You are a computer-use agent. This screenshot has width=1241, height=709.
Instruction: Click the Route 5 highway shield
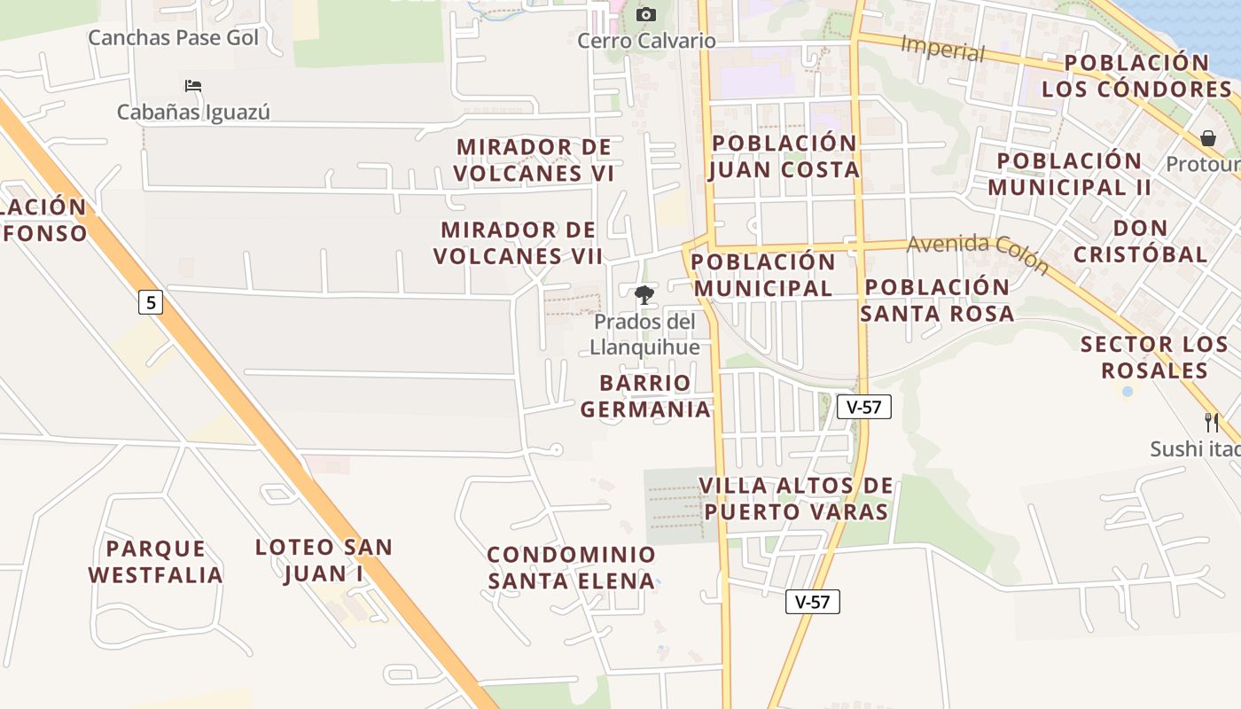coord(151,303)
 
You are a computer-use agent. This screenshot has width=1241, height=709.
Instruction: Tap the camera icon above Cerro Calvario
coord(646,14)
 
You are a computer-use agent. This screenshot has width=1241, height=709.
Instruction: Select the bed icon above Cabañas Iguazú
coord(193,86)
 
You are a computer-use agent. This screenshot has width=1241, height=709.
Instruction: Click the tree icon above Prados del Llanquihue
coord(644,295)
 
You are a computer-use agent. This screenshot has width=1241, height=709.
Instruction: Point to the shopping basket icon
coord(1207,138)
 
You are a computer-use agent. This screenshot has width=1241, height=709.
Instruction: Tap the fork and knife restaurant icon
coord(1211,423)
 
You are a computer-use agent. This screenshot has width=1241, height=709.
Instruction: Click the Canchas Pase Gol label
coord(174,38)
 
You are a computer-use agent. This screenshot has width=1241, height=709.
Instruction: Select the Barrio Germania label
coord(645,396)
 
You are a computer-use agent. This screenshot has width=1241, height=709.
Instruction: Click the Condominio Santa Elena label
coord(572,568)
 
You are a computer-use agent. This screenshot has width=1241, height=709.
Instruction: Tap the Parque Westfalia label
coord(155,562)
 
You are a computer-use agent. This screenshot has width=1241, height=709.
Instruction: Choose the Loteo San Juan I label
coord(324,560)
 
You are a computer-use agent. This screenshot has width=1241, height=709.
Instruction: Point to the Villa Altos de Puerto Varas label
coord(795,499)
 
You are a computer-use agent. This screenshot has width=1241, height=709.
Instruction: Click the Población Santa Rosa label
coord(937,300)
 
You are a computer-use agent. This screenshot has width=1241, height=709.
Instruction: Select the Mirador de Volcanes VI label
coord(534,160)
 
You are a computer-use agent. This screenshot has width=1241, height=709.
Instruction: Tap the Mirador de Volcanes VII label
coord(519,243)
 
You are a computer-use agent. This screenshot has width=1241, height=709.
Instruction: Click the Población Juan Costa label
coord(784,156)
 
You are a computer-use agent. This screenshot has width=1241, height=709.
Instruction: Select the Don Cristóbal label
coord(1140,241)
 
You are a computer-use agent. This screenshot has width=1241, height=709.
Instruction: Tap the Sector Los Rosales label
coord(1154,357)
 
